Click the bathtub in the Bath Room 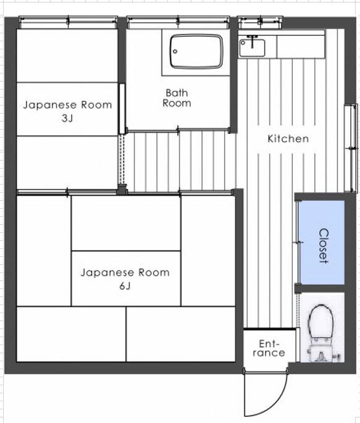196,51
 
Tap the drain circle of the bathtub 175,51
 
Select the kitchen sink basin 252,48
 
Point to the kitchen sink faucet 252,41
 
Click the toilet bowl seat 321,321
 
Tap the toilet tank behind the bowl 322,353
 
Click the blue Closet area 322,242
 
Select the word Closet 324,246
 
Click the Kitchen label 288,139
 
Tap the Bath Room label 177,98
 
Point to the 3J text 67,119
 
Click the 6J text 125,286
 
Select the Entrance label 269,348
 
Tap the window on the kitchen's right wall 351,148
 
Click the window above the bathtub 178,22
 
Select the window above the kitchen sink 260,22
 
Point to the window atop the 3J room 68,22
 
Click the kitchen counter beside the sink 301,46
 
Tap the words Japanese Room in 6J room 125,273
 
